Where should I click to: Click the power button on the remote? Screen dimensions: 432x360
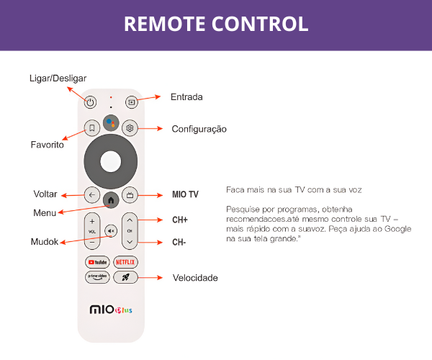tap(91, 102)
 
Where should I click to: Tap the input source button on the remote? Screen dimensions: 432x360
tap(132, 102)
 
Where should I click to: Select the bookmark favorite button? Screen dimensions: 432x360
tap(91, 128)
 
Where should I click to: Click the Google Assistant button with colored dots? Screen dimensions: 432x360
tap(111, 123)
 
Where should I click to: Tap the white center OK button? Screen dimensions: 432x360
tap(111, 162)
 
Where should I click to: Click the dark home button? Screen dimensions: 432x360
tap(111, 200)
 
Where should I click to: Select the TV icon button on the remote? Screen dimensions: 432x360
tap(130, 195)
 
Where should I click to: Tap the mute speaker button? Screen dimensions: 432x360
tap(111, 231)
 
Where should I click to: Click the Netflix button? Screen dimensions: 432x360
tap(125, 262)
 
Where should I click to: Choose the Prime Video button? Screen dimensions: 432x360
tap(97, 277)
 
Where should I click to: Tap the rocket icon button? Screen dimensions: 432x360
tap(125, 277)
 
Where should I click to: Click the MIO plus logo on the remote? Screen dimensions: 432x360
tap(111, 310)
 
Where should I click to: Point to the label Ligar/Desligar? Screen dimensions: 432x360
tap(58, 78)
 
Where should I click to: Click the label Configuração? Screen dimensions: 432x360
tap(199, 129)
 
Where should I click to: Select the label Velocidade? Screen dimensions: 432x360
tap(195, 278)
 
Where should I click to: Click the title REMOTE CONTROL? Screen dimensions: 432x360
tap(216, 24)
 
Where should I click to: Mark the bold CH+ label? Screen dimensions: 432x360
tap(180, 220)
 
